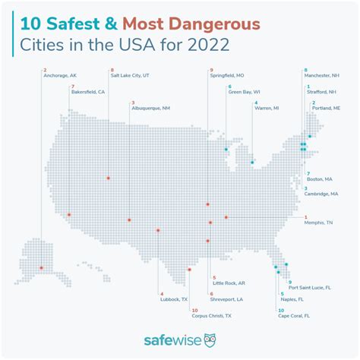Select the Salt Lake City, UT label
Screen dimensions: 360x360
[x=135, y=77]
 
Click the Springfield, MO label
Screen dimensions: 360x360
[x=232, y=77]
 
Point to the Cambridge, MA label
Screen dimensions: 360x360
[x=322, y=194]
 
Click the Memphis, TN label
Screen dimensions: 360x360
[x=318, y=223]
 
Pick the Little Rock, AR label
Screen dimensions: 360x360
[x=229, y=283]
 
